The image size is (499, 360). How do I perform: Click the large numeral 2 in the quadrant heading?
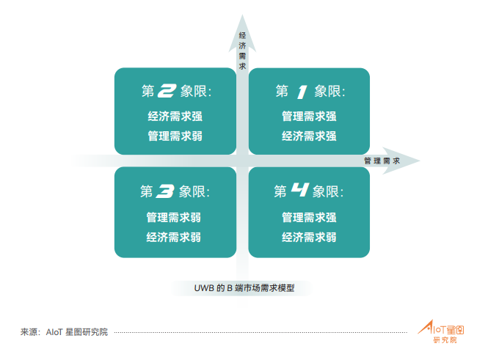(167, 91)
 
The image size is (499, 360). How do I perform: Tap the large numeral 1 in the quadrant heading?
(302, 92)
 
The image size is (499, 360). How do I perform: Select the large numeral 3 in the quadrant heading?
(165, 191)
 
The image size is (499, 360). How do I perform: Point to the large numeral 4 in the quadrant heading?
(300, 190)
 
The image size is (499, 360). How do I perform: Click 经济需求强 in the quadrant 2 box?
(175, 116)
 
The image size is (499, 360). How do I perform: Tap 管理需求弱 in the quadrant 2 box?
(175, 136)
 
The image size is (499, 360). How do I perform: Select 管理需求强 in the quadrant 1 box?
(309, 116)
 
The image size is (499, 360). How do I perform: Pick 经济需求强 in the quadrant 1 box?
(309, 136)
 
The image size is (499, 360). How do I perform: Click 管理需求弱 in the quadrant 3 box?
(174, 218)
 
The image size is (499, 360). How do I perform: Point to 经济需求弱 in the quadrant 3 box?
(174, 238)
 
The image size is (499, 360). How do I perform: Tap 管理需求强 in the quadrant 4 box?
(309, 218)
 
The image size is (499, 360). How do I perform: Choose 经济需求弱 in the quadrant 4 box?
(309, 238)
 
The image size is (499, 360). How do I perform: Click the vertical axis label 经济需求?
(242, 51)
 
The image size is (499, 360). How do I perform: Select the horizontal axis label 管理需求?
(382, 161)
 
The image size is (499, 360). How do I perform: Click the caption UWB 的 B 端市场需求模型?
(244, 288)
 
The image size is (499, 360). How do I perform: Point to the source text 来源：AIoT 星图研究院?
(65, 332)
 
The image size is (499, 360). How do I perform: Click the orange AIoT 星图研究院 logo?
(441, 331)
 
